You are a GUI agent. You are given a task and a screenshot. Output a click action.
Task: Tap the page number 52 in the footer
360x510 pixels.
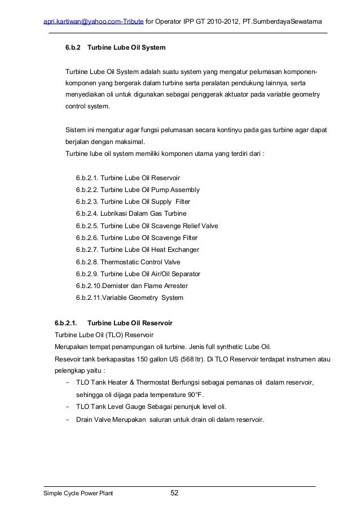tap(174, 494)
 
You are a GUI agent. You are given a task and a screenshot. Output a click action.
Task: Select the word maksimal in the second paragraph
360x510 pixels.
tap(125, 141)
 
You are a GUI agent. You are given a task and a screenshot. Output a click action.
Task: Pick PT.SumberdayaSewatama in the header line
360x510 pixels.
tap(283, 21)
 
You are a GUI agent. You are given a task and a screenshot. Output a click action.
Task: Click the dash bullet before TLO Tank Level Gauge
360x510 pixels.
tap(68, 408)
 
